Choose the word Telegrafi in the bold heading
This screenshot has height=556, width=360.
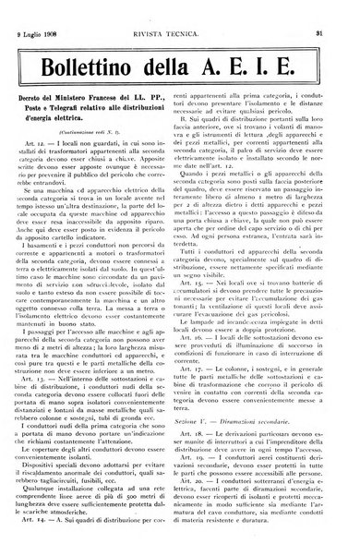[x=78, y=132]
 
